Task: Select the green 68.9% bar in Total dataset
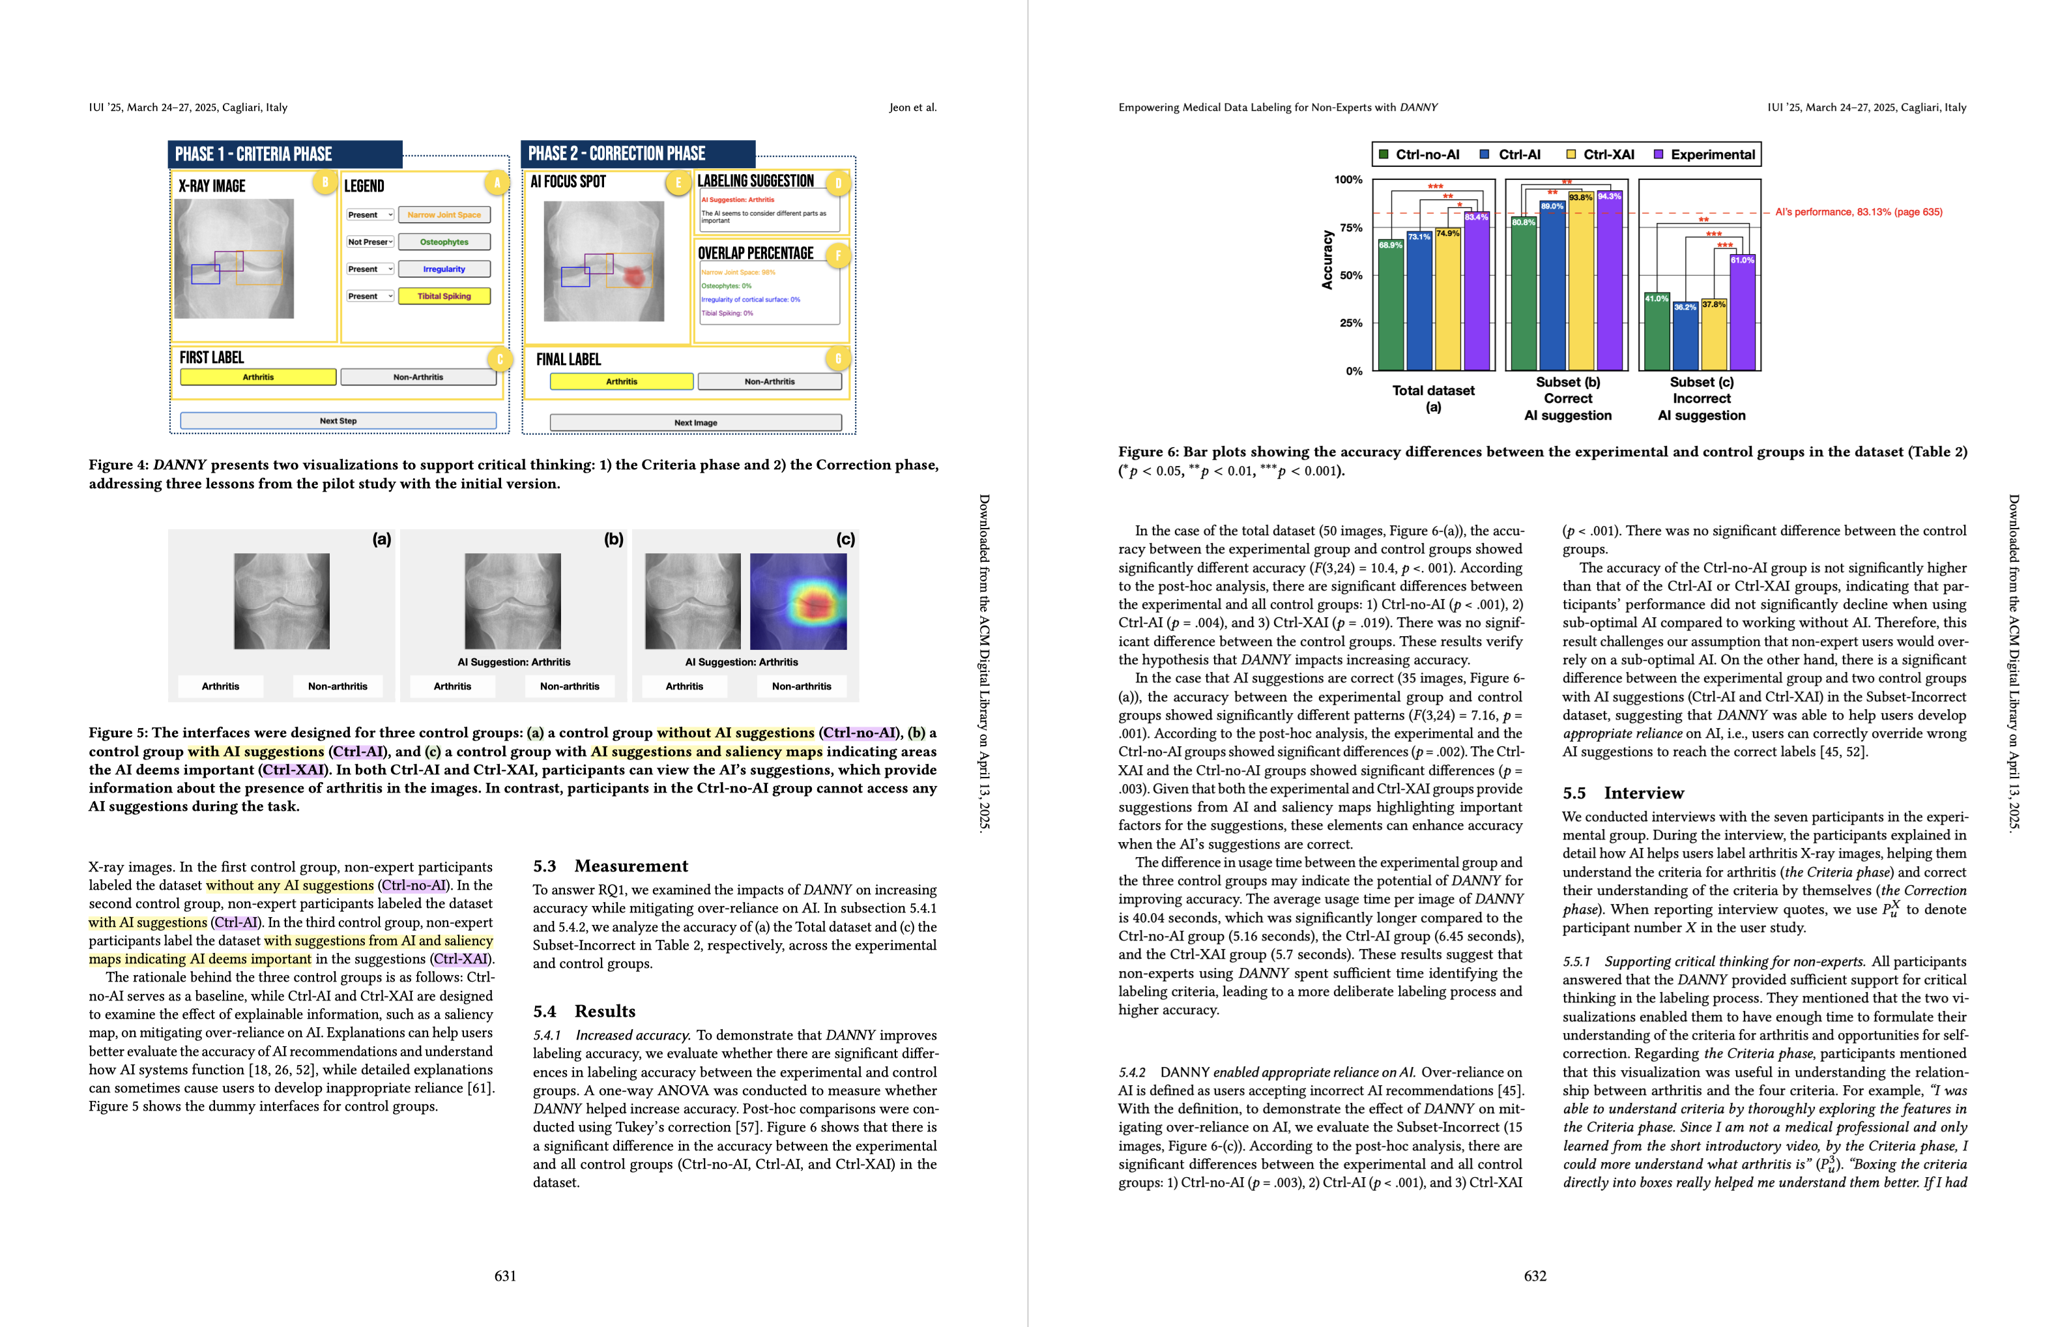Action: pos(1391,306)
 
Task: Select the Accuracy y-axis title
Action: pos(1327,259)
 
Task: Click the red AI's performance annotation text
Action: pos(1859,212)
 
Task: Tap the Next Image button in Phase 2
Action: pos(695,423)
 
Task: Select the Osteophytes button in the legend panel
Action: pos(444,242)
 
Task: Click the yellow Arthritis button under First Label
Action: pos(257,377)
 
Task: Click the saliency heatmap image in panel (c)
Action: pos(798,602)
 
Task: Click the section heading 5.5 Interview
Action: pos(1623,793)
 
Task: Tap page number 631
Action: pos(506,1276)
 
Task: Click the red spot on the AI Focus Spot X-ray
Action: pos(633,276)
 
